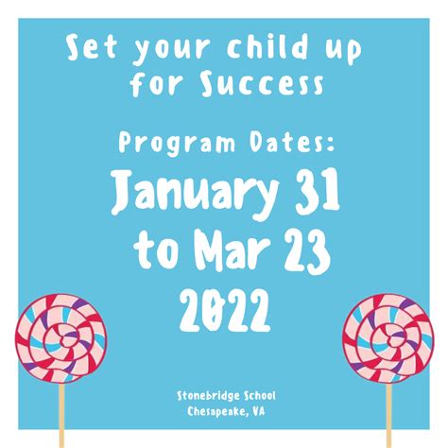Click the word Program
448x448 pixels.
[167, 144]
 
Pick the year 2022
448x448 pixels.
[224, 307]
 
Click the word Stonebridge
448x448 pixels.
[205, 394]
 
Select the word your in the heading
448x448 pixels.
[164, 47]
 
